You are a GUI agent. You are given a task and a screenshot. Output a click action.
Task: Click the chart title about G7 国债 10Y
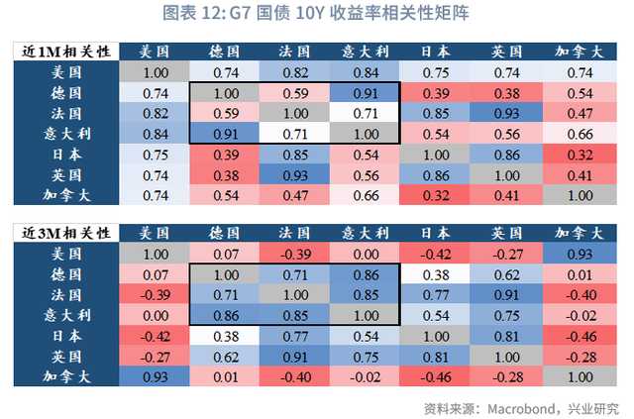(x=316, y=14)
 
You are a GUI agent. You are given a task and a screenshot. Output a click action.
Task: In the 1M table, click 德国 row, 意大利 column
(x=366, y=92)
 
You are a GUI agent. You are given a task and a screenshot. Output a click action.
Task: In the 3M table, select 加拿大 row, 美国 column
(x=155, y=376)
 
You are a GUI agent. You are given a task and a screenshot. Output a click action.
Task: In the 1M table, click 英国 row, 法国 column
(x=295, y=175)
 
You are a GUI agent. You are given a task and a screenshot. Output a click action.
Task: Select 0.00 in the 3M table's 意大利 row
(x=155, y=315)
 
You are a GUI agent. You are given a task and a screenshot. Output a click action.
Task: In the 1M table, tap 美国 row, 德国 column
(x=225, y=72)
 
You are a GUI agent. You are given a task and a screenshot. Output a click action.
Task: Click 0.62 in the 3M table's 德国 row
(x=506, y=274)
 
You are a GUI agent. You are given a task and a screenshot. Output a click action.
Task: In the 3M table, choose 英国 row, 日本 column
(x=436, y=357)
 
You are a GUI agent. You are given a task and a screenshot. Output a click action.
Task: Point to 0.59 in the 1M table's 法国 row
(x=225, y=113)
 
